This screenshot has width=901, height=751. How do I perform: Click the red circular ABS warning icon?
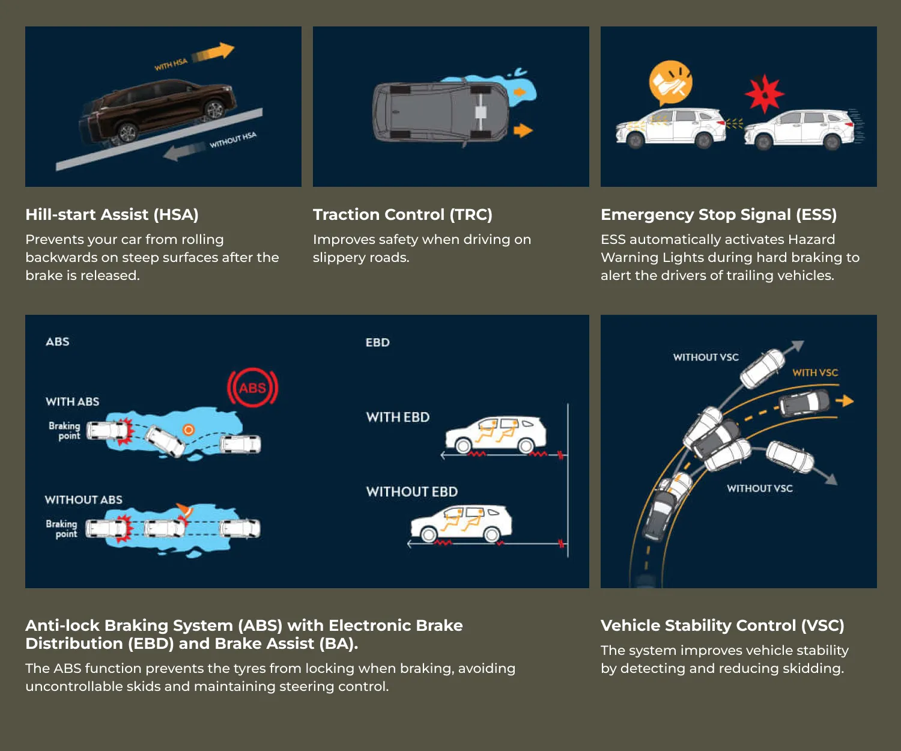click(253, 387)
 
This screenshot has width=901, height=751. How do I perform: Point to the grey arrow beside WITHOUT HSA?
click(184, 151)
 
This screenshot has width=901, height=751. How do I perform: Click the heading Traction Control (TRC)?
click(402, 214)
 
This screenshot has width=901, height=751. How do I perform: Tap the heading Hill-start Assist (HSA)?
click(112, 214)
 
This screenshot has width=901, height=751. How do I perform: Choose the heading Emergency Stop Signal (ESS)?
click(719, 214)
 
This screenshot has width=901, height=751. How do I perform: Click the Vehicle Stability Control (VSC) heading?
click(723, 625)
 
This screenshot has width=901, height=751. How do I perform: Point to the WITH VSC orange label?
click(815, 372)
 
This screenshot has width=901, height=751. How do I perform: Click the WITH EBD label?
click(398, 418)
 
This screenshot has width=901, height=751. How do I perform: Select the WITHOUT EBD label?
click(412, 491)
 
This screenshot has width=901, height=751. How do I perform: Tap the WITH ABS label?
click(73, 401)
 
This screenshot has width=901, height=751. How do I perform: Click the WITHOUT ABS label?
click(83, 500)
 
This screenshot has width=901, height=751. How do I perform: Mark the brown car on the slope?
click(159, 109)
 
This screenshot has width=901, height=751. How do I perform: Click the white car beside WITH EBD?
click(496, 434)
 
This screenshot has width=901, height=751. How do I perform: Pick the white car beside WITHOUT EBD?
click(461, 523)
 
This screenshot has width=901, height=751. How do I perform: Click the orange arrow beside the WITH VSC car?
click(845, 401)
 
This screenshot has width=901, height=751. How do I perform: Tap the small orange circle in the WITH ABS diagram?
click(189, 430)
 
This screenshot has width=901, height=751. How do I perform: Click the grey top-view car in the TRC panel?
click(440, 112)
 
